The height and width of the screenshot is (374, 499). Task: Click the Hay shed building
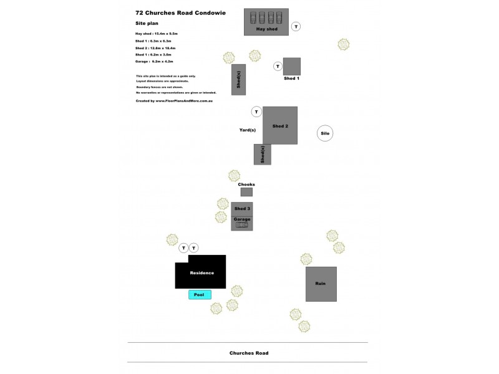tap(266, 22)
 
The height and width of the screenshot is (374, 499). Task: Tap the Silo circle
tap(324, 133)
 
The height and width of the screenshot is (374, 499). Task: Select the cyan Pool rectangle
tap(200, 295)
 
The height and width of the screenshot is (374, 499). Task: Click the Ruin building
tap(321, 284)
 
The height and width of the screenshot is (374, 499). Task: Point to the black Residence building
tap(201, 272)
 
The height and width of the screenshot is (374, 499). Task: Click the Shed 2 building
tap(280, 125)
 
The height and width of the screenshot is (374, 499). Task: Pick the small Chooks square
tap(246, 192)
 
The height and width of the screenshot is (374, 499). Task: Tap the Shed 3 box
tap(242, 209)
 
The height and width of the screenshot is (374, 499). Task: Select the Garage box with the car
tap(242, 223)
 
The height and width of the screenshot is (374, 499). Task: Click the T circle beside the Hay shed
tap(296, 26)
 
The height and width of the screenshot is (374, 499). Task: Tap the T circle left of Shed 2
tap(256, 112)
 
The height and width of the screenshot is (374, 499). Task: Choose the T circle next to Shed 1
tap(278, 66)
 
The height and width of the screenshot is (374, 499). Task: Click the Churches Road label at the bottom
tap(249, 353)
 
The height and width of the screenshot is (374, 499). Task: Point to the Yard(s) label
tap(248, 130)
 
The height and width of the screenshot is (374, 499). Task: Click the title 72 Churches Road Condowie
tap(180, 12)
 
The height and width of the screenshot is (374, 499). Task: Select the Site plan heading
tap(147, 23)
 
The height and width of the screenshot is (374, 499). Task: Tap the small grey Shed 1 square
tap(291, 66)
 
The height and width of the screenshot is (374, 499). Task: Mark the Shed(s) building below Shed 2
tap(263, 154)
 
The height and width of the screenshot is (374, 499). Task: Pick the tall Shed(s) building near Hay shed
tap(238, 79)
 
